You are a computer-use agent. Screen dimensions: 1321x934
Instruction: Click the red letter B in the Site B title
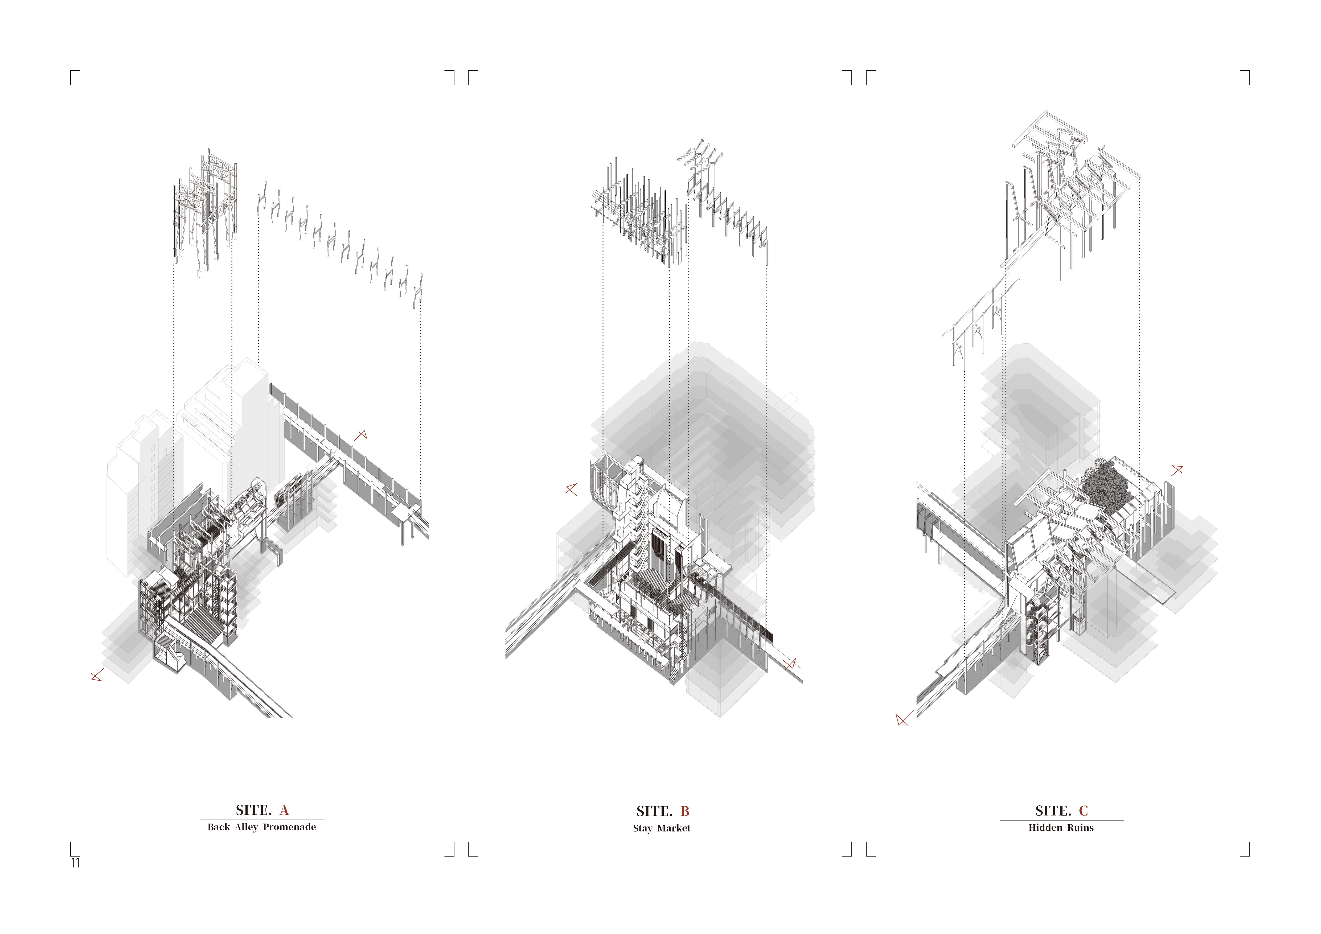685,812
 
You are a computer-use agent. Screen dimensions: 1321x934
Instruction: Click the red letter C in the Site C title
1083,811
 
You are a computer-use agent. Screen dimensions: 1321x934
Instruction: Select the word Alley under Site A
246,827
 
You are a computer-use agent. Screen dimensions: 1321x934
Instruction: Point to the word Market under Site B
674,828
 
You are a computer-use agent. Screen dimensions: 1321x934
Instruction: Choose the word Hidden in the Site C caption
1045,828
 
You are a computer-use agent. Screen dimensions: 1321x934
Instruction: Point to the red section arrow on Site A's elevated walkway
361,435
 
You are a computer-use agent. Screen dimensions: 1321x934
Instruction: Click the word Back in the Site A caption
219,827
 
